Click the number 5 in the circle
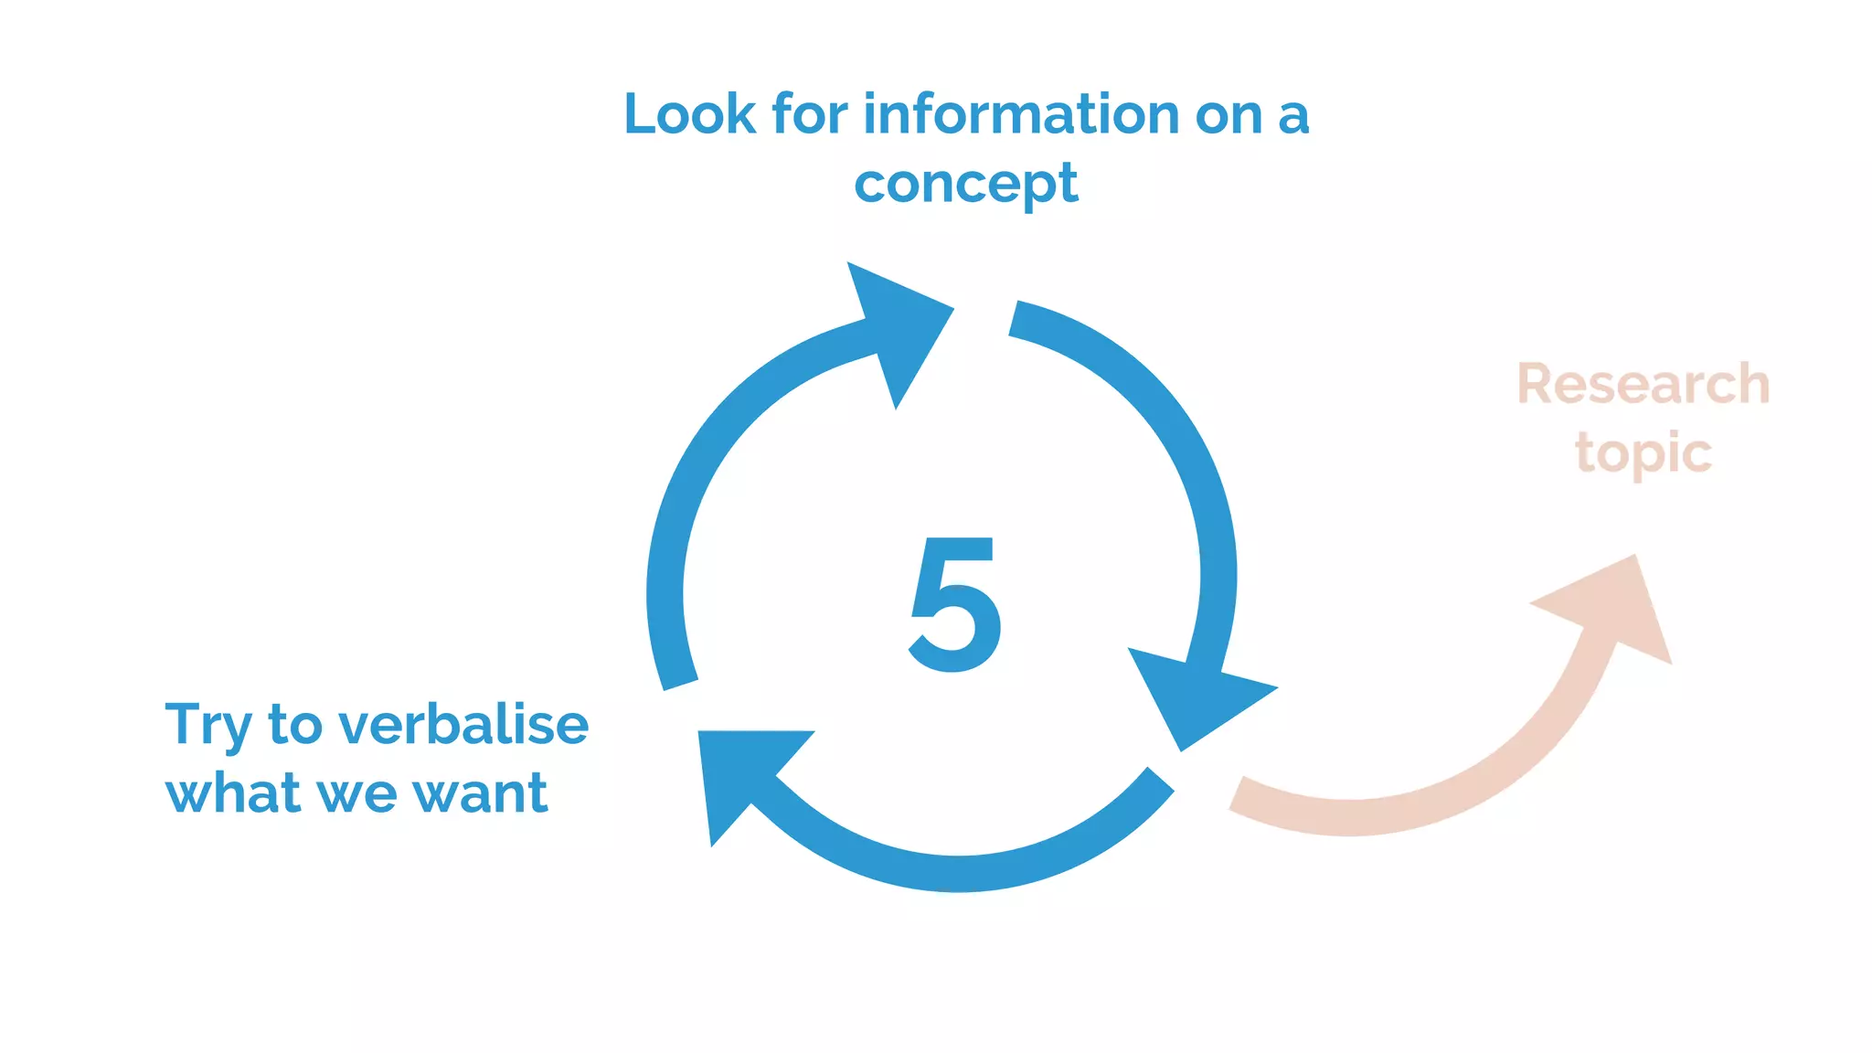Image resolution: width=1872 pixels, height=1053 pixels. point(954,604)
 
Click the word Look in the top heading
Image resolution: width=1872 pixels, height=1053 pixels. point(689,114)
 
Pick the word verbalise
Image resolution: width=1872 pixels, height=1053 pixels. point(463,725)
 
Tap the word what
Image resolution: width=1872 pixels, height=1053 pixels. point(232,792)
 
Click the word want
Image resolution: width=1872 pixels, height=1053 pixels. point(480,792)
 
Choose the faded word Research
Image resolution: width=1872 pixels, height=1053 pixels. point(1643,384)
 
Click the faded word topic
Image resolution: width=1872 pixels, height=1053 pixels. point(1643,453)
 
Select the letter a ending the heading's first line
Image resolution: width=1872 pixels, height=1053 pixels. point(1293,116)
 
